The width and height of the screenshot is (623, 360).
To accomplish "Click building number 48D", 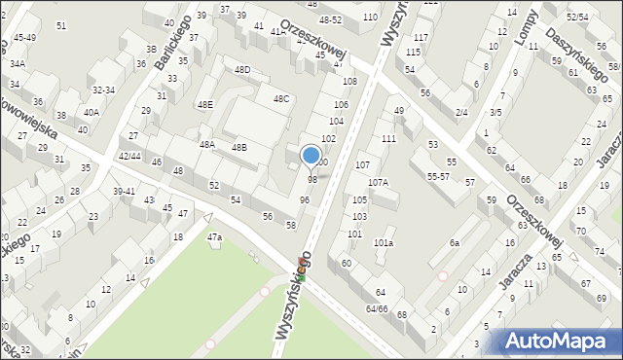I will click(242, 69).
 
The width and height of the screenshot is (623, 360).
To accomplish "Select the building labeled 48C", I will click(280, 98).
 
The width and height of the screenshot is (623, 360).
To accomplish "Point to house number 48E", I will click(204, 104).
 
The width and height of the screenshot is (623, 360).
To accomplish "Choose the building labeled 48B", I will click(238, 147).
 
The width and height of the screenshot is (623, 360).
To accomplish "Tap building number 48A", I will click(207, 144).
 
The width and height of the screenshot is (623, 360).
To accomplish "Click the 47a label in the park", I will click(214, 236).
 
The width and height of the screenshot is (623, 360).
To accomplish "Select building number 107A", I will click(378, 182).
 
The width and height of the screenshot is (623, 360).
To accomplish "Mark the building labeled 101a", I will click(384, 242).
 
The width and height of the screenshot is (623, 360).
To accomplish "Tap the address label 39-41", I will click(124, 191).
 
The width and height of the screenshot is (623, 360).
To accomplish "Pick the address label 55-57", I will click(438, 176).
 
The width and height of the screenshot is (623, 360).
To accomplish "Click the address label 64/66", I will click(377, 307).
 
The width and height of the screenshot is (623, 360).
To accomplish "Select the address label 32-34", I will click(103, 90).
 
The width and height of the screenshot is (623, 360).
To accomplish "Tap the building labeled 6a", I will click(454, 242).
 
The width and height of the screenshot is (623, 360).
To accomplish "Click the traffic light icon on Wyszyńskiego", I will click(301, 277).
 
